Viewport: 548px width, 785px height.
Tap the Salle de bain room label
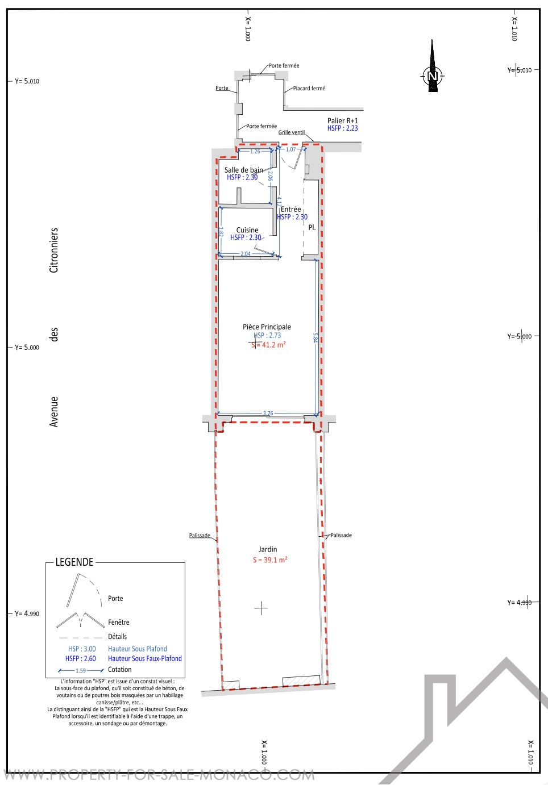[x=243, y=170]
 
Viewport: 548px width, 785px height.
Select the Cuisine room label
[x=247, y=230]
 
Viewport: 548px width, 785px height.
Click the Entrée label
[x=290, y=209]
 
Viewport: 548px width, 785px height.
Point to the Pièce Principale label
[x=267, y=327]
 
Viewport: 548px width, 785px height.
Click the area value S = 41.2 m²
[x=268, y=345]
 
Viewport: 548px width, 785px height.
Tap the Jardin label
[x=268, y=549]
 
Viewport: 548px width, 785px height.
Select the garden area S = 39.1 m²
[x=270, y=559]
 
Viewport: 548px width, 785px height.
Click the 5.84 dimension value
[x=315, y=337]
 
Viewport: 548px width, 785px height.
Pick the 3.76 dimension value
[x=268, y=413]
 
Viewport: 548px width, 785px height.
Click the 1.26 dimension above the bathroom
[x=255, y=152]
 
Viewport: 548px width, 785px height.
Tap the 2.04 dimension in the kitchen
[x=246, y=254]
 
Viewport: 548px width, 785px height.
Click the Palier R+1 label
[x=342, y=120]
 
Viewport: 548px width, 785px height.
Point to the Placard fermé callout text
[x=309, y=88]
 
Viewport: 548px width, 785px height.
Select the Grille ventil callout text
[x=292, y=132]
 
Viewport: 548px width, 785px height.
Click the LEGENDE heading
[x=74, y=562]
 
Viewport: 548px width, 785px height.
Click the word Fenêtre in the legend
[x=119, y=622]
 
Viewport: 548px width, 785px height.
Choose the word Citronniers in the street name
[x=53, y=250]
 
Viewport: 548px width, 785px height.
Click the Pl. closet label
[x=312, y=227]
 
